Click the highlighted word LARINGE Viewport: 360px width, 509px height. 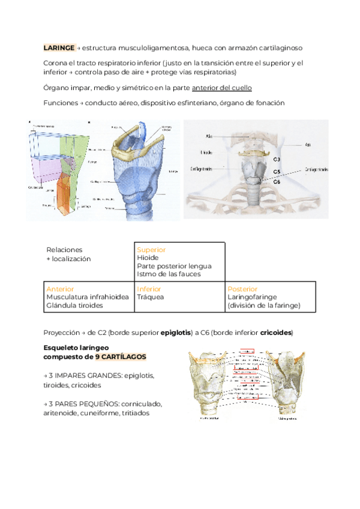59,47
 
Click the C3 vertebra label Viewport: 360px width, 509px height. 277,160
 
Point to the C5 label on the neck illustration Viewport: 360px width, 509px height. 277,172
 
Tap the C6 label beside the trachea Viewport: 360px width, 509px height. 277,181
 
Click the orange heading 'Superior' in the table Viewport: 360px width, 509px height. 151,249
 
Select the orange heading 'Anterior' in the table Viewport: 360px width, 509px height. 60,289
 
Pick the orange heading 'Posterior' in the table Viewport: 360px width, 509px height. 242,289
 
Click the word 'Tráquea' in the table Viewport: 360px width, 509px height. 150,297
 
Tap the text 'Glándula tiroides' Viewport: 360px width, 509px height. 74,305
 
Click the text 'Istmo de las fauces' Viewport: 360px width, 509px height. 169,274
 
